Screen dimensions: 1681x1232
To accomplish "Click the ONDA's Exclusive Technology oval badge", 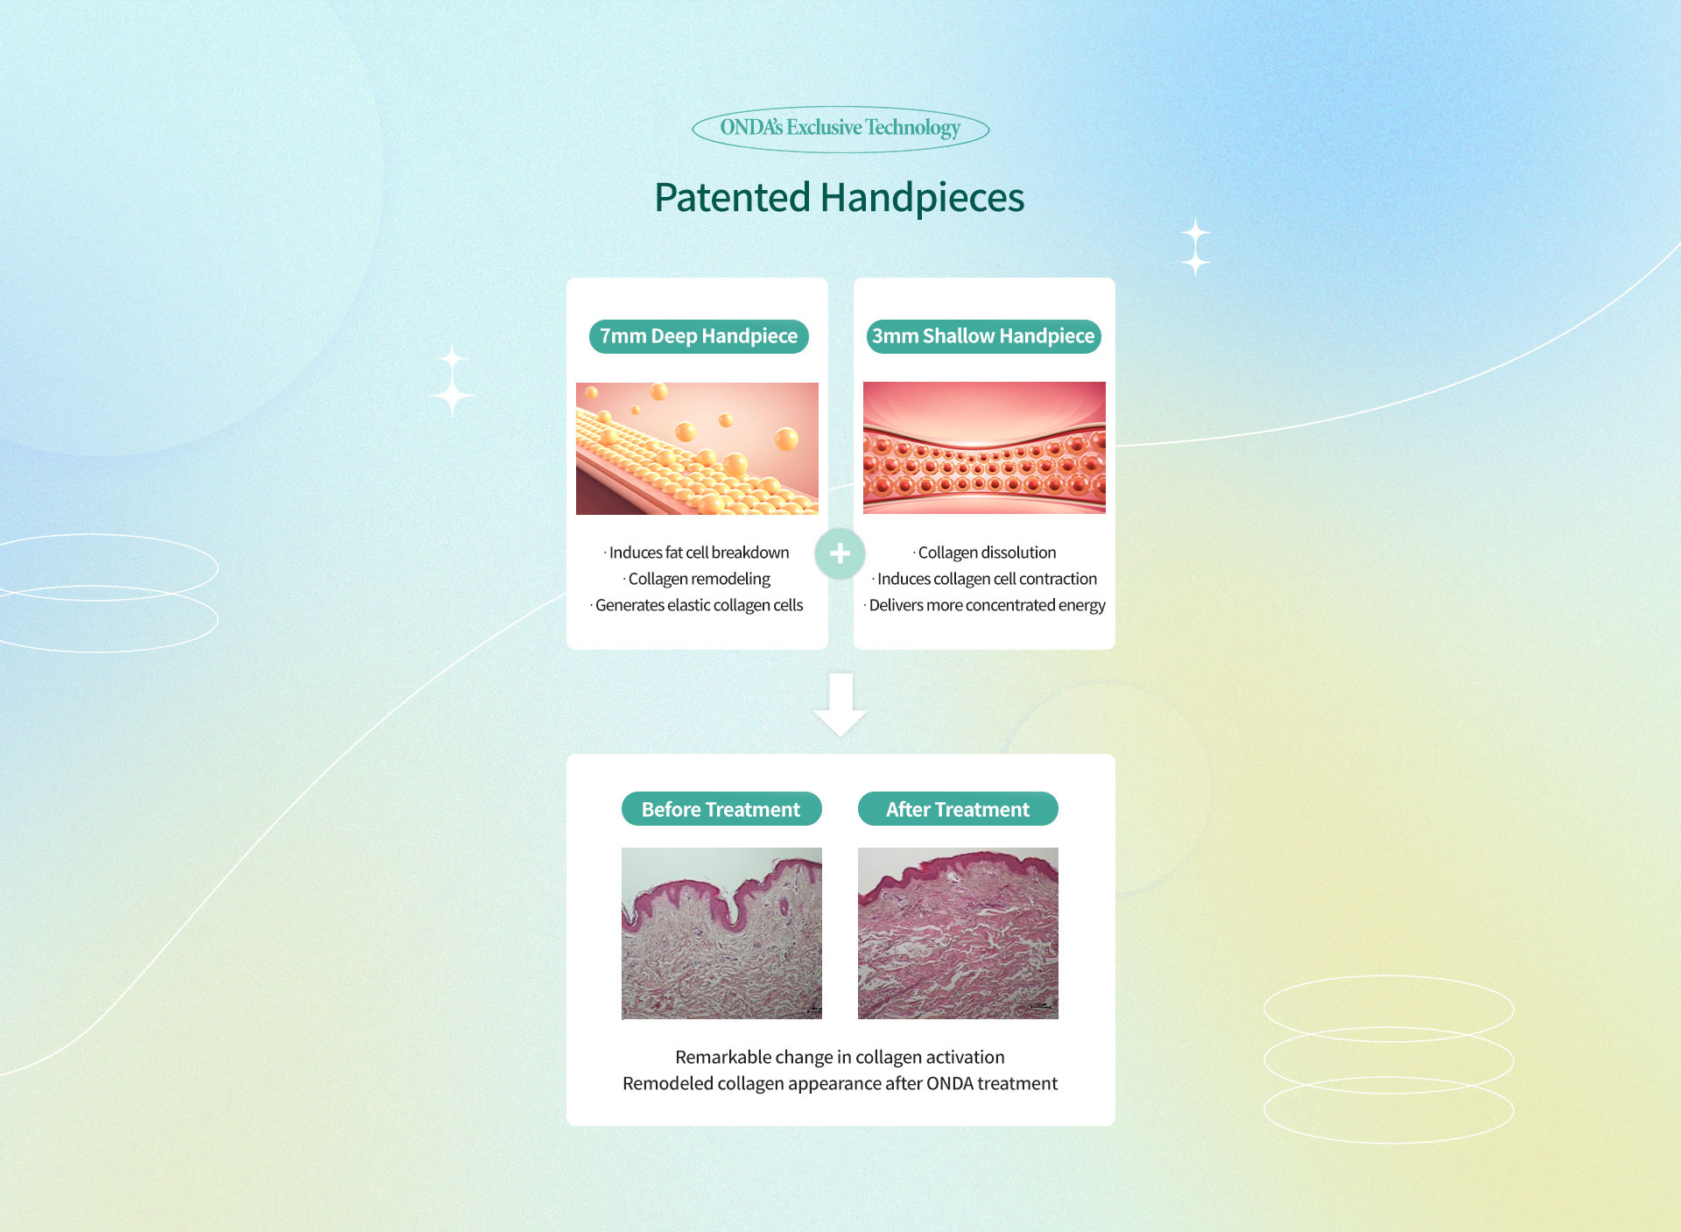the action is (x=840, y=129).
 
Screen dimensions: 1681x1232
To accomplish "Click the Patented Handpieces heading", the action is (x=839, y=198).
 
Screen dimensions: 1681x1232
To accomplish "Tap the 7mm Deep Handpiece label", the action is (x=699, y=336).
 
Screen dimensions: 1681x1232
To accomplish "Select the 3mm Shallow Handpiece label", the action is (x=983, y=336).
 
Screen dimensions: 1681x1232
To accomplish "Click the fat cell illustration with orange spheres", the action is (x=697, y=448).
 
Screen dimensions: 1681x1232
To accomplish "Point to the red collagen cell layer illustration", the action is (x=984, y=447).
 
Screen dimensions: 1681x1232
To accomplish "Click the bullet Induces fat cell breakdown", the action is (x=697, y=553).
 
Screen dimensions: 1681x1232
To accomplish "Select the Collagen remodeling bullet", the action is (x=697, y=579).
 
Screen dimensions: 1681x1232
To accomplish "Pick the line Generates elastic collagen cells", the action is (x=697, y=605).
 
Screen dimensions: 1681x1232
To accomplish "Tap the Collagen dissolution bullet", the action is (x=985, y=553).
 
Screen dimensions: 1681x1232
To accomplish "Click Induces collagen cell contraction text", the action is (x=985, y=579).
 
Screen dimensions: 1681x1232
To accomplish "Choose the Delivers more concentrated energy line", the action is (x=985, y=605).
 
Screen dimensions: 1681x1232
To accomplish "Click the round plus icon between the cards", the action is (x=840, y=553).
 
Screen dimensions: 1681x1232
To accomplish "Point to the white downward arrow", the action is (x=840, y=705).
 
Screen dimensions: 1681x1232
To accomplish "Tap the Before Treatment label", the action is (x=721, y=809).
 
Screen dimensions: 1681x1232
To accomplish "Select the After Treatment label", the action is (x=958, y=809).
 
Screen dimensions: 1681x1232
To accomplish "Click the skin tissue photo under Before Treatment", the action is (x=721, y=933).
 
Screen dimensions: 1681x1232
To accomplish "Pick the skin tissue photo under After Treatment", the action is (x=958, y=933).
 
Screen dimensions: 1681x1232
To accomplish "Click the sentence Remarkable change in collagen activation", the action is (x=840, y=1057).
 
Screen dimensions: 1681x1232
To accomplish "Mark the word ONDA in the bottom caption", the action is (x=950, y=1083).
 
